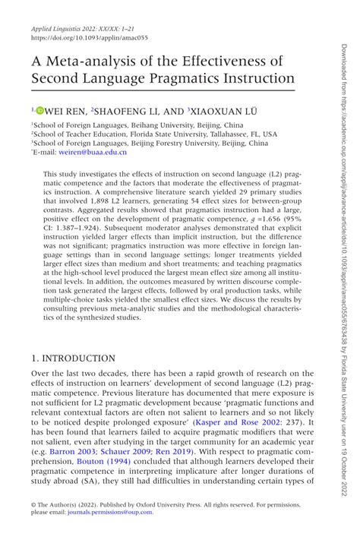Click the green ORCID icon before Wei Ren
40,110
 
